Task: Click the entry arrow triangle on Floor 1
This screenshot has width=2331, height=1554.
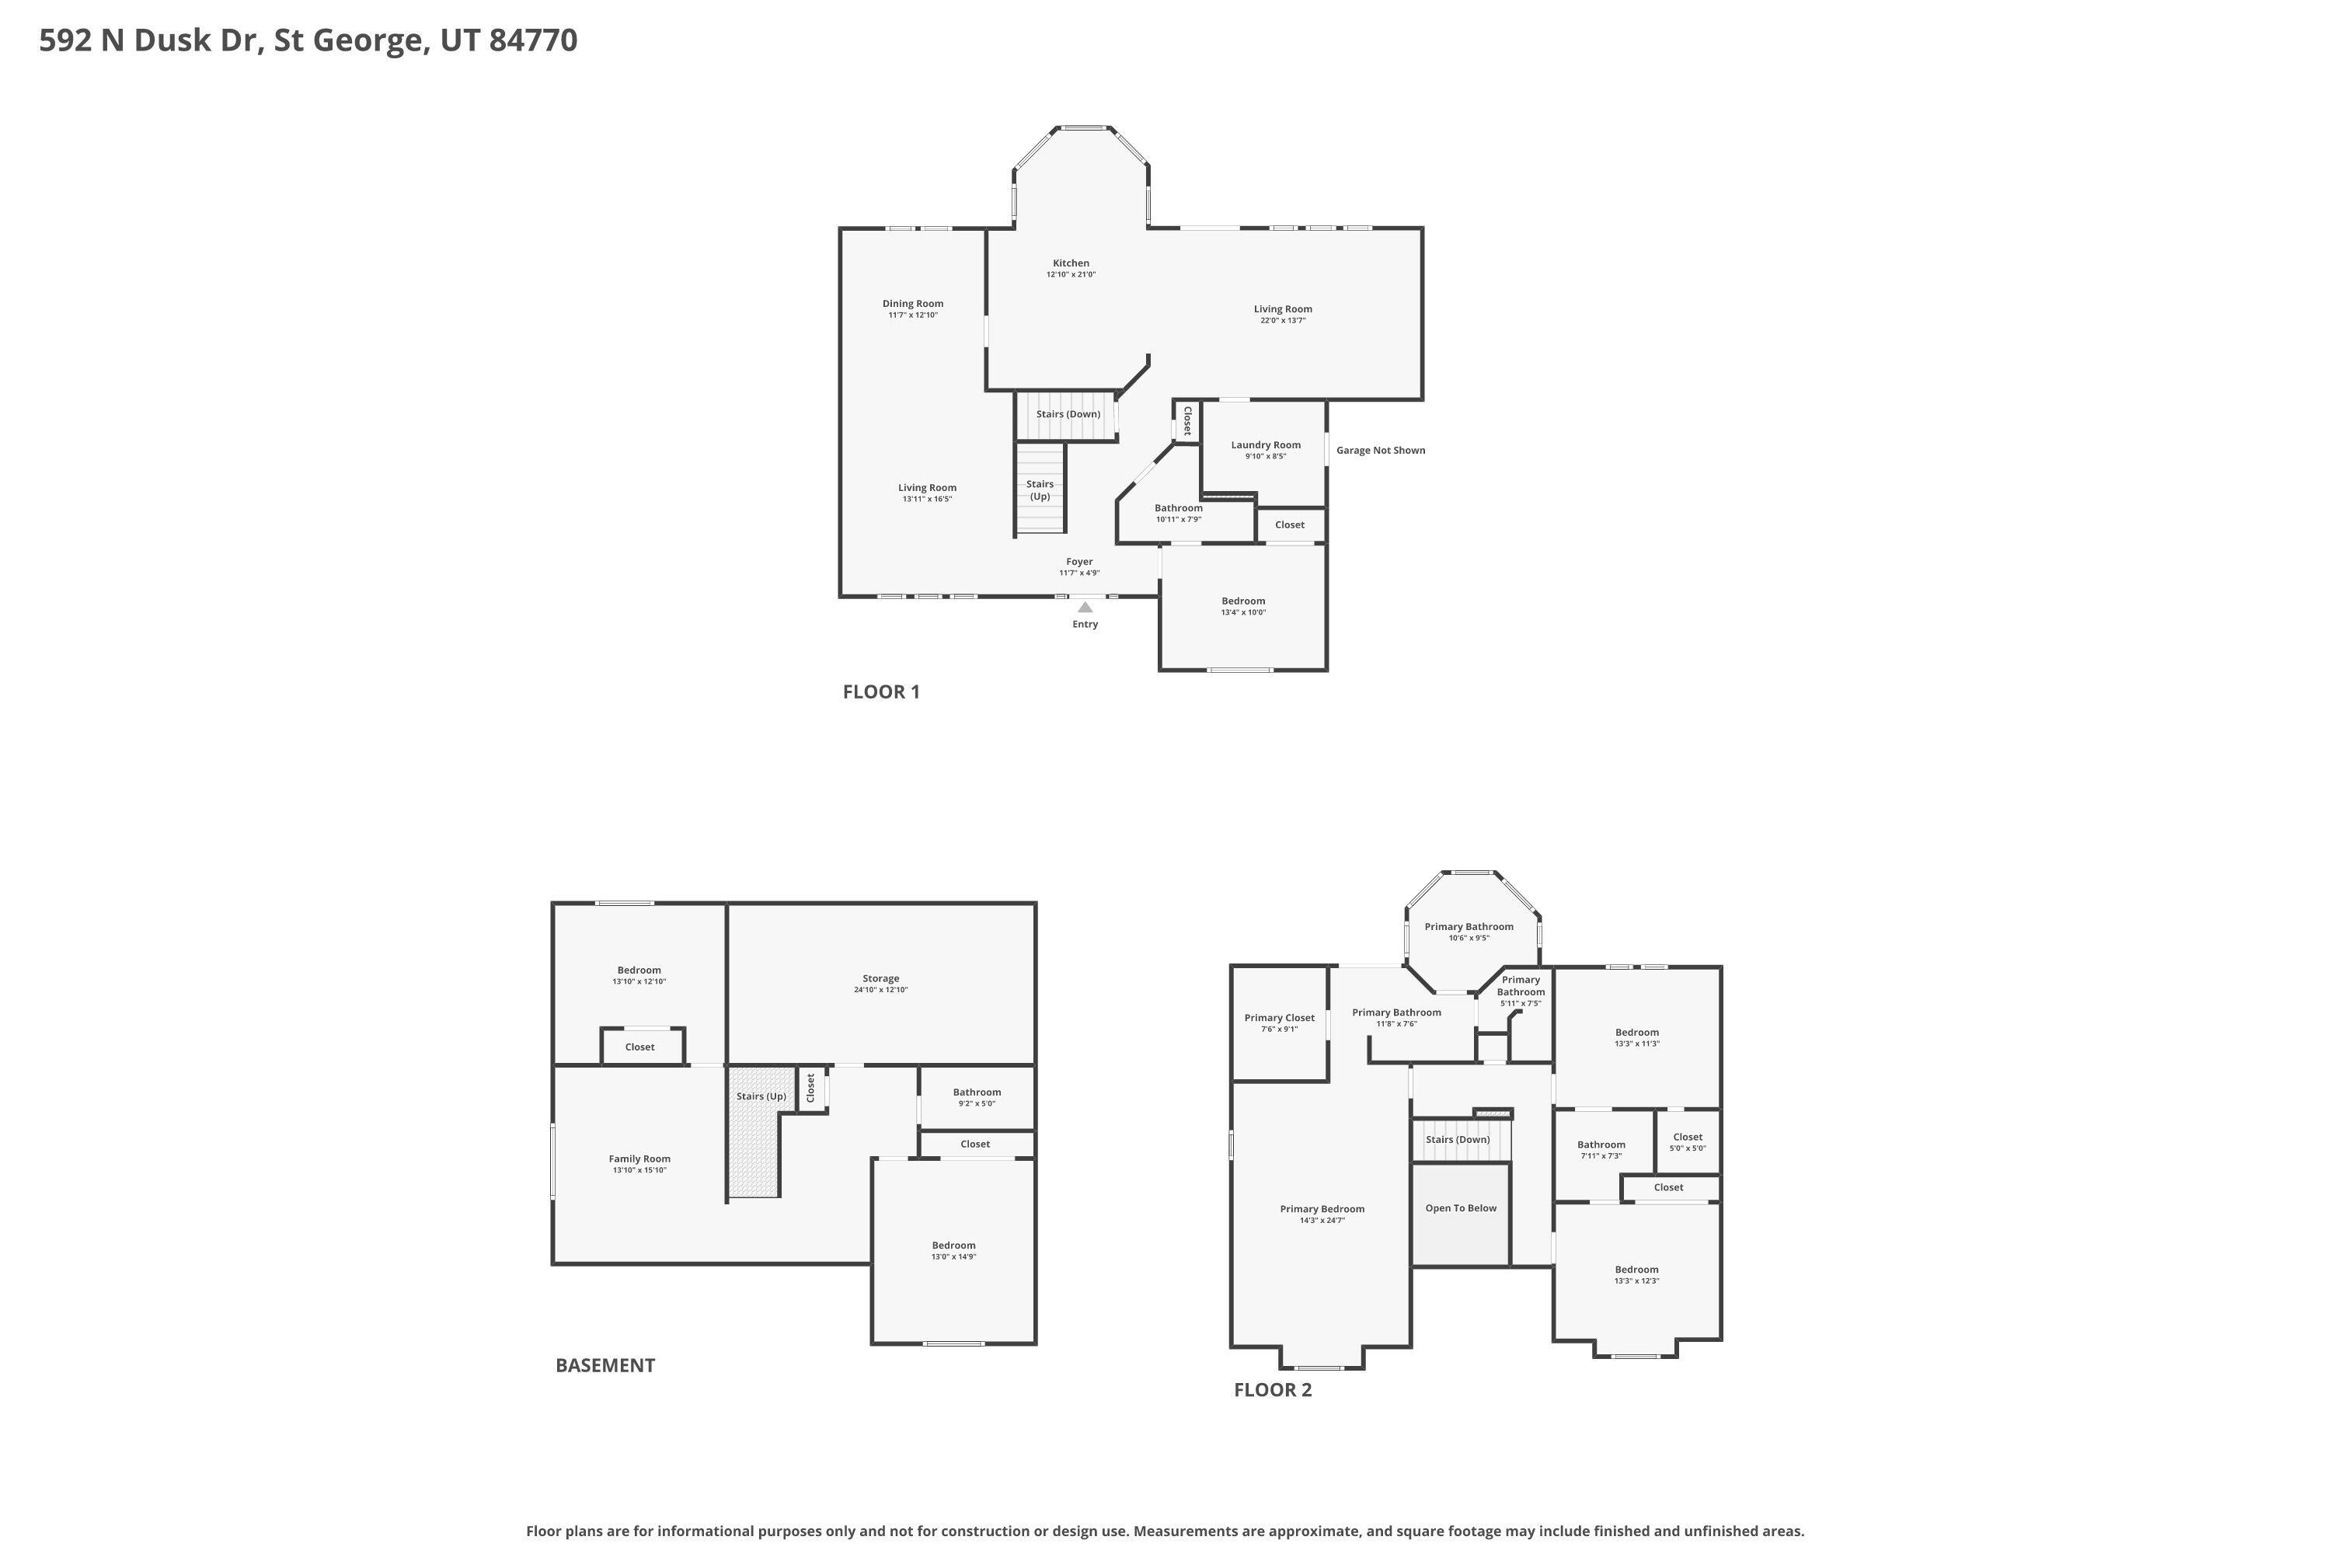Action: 1085,607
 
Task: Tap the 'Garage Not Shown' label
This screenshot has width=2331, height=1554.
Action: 1380,450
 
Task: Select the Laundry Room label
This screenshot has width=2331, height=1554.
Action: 1266,445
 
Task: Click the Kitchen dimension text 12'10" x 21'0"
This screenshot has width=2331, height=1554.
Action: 1071,274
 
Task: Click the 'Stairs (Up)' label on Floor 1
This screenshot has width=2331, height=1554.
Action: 1040,490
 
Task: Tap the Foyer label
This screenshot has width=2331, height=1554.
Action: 1079,562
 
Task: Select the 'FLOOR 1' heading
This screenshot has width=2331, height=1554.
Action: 881,692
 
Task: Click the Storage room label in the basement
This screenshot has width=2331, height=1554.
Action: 880,978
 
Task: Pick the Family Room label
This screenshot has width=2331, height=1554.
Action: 639,1159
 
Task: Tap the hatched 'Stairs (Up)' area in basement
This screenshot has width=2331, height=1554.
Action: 753,1150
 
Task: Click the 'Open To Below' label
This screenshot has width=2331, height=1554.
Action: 1460,1208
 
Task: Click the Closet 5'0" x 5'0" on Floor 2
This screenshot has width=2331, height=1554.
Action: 1687,1141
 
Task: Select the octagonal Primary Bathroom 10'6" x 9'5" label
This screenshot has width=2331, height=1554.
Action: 1468,927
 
